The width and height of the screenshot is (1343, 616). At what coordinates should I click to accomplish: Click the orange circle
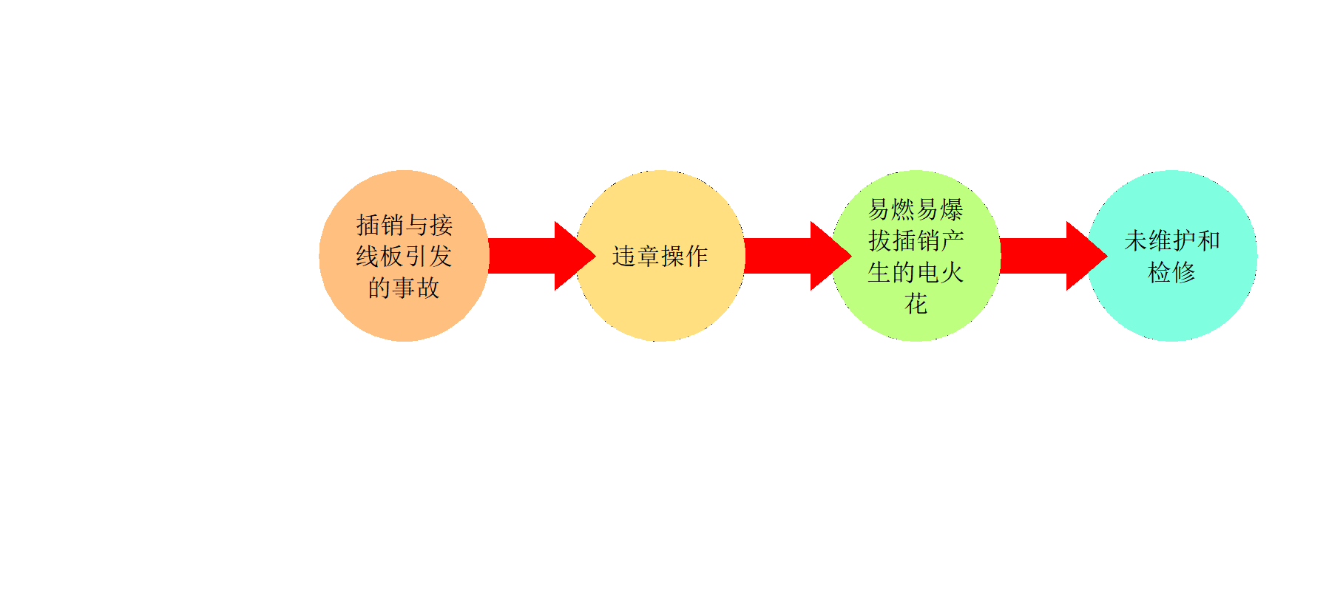click(404, 256)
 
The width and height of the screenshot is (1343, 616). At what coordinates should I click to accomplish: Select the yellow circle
click(660, 256)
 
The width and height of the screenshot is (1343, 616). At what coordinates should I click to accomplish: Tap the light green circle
click(916, 256)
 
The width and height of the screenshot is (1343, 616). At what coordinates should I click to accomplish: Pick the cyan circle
click(1171, 256)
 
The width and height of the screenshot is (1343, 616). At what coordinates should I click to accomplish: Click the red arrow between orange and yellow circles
click(542, 256)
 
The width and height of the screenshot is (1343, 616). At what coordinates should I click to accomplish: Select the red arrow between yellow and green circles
click(798, 256)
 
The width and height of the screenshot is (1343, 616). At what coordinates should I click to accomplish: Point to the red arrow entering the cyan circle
click(1054, 256)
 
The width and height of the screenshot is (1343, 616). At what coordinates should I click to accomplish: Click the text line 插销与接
click(404, 225)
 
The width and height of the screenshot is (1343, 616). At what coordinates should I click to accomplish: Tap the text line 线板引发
click(404, 256)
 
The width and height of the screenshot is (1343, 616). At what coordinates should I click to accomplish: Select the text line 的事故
click(404, 288)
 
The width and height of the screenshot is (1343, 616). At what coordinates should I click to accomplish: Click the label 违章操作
click(660, 256)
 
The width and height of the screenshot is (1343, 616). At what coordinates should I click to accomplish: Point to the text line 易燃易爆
click(916, 209)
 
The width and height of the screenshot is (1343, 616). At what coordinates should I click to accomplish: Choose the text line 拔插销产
click(916, 240)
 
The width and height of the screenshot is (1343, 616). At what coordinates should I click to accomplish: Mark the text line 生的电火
click(916, 272)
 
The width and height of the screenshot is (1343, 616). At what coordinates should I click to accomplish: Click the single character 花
click(916, 303)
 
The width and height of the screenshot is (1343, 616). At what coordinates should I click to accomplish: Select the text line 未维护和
click(1171, 240)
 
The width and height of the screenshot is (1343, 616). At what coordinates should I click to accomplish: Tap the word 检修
click(1171, 272)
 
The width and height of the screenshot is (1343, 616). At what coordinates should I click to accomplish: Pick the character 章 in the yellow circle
click(648, 256)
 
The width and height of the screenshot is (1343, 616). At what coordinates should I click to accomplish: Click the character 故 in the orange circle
click(428, 288)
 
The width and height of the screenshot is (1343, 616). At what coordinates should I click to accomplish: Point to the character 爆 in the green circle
click(952, 209)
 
